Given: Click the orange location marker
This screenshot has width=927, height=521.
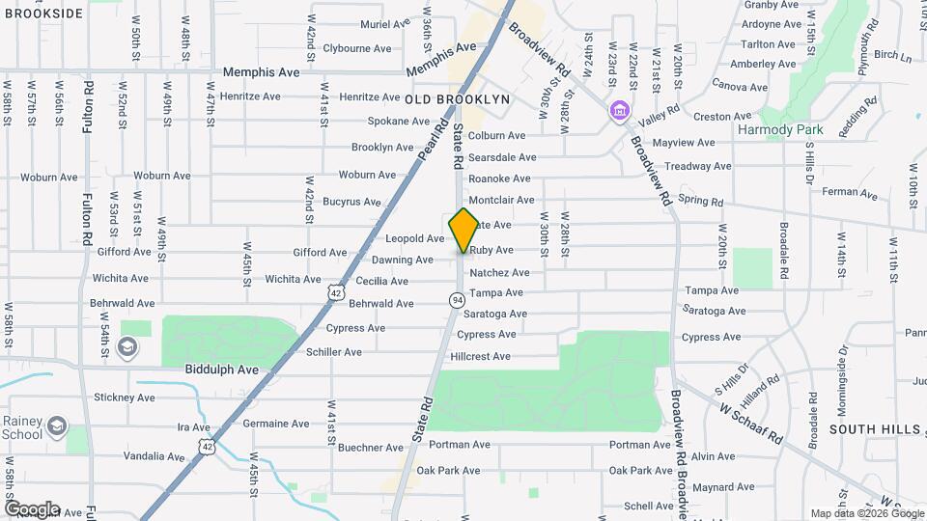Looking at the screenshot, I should tap(464, 230).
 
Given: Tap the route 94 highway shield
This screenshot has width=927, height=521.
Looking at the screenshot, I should tap(455, 300).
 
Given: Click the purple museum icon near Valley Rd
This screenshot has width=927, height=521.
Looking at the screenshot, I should tap(618, 112).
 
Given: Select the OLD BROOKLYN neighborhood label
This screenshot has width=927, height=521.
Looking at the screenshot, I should tap(457, 99).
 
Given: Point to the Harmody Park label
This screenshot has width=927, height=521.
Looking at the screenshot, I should tap(779, 128).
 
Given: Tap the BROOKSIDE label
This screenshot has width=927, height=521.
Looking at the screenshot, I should tap(42, 14).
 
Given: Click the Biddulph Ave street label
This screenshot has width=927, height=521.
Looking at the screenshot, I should tap(222, 370).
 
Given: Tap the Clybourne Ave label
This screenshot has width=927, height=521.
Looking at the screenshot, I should tap(357, 48).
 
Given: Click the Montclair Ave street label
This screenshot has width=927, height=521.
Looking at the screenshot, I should tap(501, 200).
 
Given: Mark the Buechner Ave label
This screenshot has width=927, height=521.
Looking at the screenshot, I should tap(371, 448).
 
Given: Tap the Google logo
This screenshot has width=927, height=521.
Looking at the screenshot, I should tap(32, 508).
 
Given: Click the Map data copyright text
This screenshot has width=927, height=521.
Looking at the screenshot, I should tap(866, 513).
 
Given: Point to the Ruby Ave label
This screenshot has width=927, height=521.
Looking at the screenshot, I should tap(492, 250).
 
